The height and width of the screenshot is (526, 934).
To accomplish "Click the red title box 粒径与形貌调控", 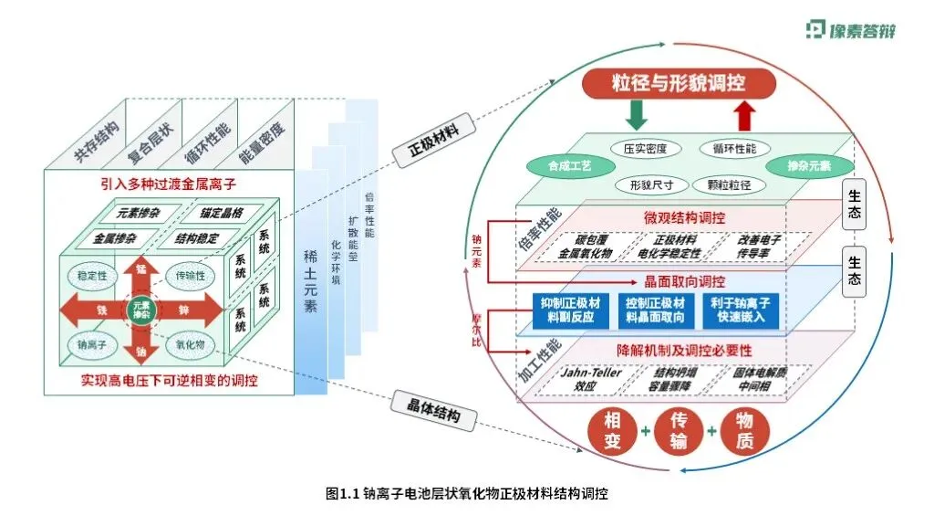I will [679, 84].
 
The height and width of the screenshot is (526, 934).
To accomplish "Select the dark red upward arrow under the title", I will [745, 115].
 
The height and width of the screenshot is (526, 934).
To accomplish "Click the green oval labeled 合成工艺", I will [558, 167].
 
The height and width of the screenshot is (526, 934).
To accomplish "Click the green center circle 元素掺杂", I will [141, 310].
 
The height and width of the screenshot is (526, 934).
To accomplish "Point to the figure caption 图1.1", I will [466, 494].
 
